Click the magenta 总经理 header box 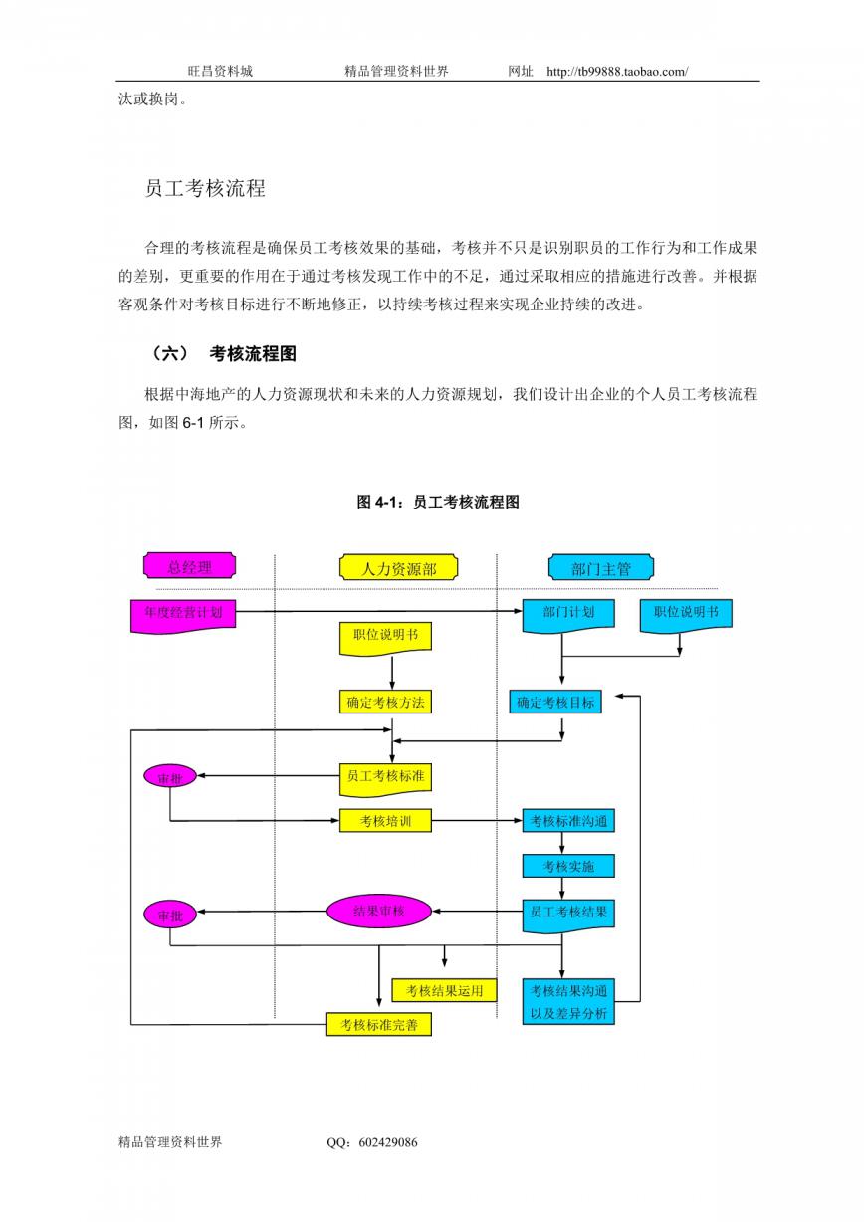click(x=189, y=565)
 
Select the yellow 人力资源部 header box click(x=398, y=567)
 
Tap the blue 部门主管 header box click(x=601, y=567)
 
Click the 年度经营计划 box click(x=183, y=616)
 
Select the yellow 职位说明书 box click(x=385, y=638)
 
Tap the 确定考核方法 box click(x=385, y=702)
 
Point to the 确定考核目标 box click(x=555, y=702)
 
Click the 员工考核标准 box click(x=385, y=779)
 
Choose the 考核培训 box click(x=385, y=821)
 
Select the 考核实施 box click(x=568, y=866)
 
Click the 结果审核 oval click(x=379, y=912)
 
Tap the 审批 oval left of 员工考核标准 click(x=170, y=776)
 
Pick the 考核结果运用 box click(x=444, y=990)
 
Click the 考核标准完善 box click(x=379, y=1025)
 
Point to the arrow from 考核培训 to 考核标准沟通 click(x=477, y=821)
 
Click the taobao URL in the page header click(x=617, y=71)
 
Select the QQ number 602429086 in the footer click(x=388, y=1141)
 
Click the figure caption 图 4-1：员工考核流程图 click(x=438, y=502)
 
